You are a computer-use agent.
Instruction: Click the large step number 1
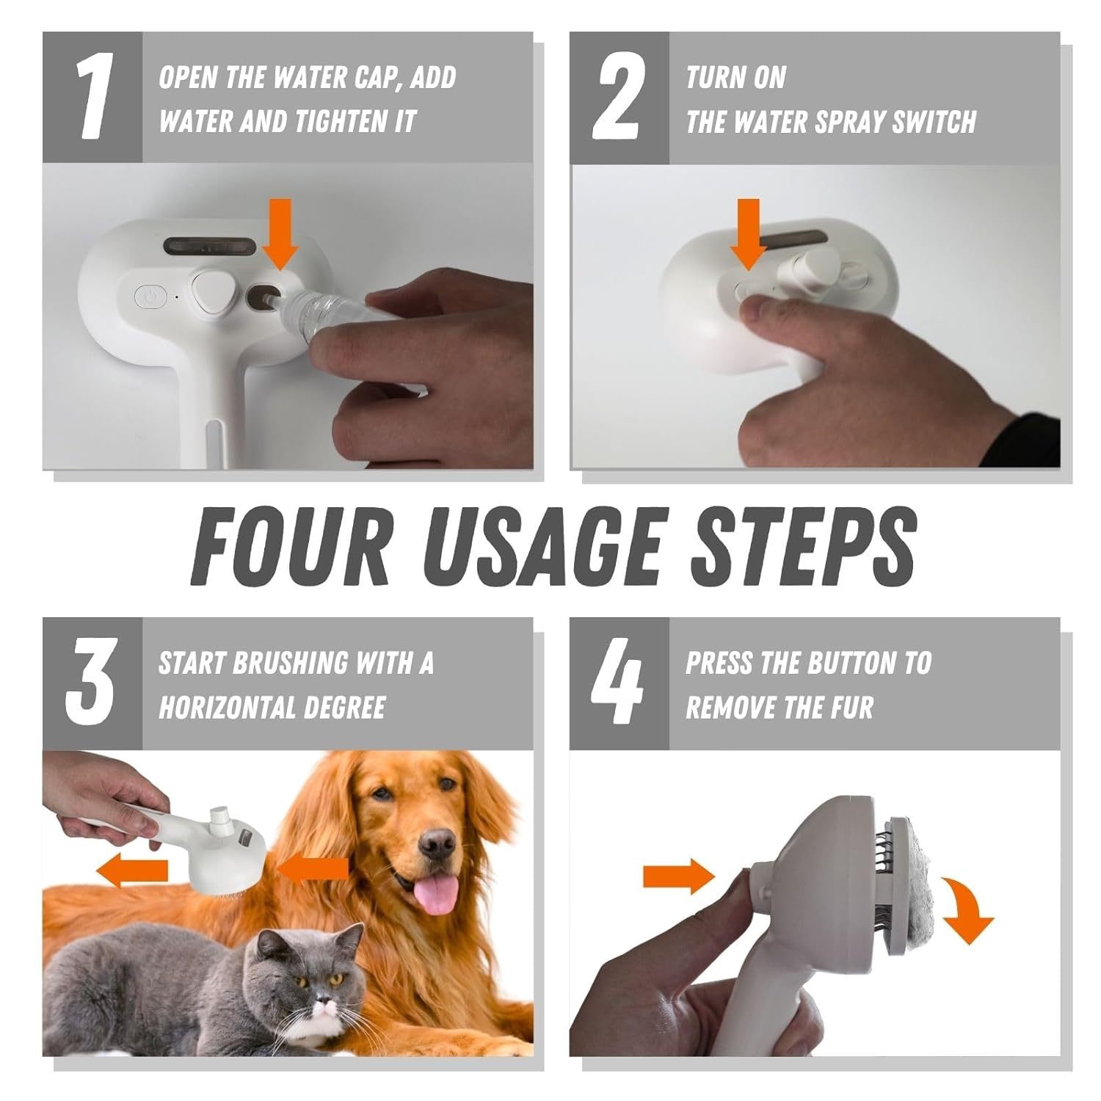point(94,98)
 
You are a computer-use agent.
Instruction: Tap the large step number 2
point(620,98)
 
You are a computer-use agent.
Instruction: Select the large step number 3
point(91,683)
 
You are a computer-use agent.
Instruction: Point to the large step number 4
point(618,683)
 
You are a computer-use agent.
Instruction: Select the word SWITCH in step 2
point(934,122)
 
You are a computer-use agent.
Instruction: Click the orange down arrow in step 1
point(281,233)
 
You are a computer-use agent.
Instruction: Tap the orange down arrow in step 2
point(749,233)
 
